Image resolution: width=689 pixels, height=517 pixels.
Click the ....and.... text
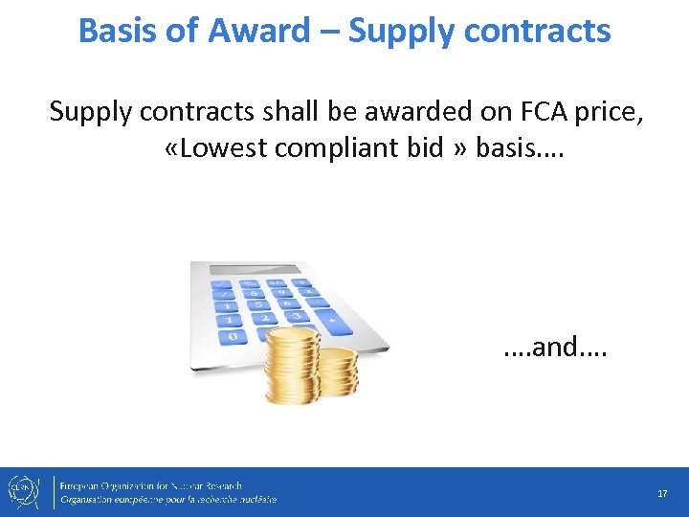point(555,347)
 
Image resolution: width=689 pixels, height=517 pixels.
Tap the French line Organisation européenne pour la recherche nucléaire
point(167,500)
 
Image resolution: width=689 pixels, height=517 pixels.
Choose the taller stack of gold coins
point(293,364)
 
